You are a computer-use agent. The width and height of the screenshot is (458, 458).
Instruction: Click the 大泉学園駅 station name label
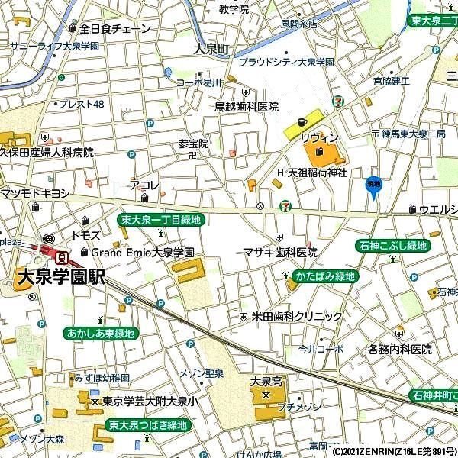click(59, 277)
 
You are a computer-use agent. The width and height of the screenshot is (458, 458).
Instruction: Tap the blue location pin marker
click(373, 185)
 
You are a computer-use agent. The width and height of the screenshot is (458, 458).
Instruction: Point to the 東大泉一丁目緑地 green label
click(162, 220)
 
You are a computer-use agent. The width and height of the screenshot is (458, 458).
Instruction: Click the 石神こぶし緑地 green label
click(392, 246)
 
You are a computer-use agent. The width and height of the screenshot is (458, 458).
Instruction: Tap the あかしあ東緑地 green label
click(100, 334)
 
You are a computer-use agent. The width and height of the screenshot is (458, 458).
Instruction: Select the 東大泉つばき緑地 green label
click(147, 425)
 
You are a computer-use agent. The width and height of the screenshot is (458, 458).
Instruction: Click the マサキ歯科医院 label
click(280, 252)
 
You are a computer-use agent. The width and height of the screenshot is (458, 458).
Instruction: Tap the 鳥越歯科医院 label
click(246, 107)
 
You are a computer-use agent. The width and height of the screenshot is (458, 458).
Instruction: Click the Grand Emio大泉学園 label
click(142, 252)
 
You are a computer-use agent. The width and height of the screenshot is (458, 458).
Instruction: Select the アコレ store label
click(144, 185)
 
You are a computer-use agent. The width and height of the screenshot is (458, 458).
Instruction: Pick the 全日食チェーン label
click(114, 29)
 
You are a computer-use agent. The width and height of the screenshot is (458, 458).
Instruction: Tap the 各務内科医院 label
click(399, 350)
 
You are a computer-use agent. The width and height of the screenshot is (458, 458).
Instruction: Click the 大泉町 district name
click(211, 49)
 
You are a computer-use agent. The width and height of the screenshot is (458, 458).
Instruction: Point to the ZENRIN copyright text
click(393, 452)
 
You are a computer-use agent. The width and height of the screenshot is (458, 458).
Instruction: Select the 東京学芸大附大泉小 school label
click(150, 401)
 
